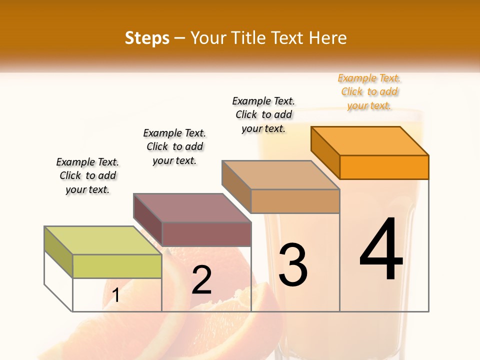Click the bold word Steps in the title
(147, 38)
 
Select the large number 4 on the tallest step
(381, 250)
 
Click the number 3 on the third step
(293, 265)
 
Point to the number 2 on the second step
(202, 280)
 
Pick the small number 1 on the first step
(116, 295)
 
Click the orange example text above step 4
(369, 92)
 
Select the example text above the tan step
(263, 114)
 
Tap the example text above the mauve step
(174, 146)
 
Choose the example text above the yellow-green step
(87, 175)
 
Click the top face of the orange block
(370, 140)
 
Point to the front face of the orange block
(384, 167)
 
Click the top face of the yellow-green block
(103, 240)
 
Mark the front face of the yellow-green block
(117, 266)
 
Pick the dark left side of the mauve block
(147, 220)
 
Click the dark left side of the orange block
(325, 152)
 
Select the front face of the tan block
(295, 201)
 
